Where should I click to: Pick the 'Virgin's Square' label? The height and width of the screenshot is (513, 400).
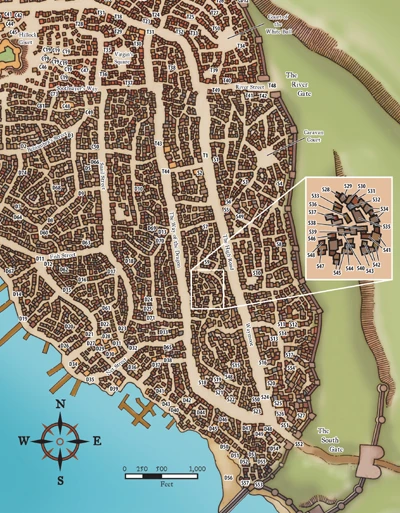pyautogui.click(x=123, y=57)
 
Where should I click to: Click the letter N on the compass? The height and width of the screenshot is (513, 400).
pyautogui.click(x=61, y=404)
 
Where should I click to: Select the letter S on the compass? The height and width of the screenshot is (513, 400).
pyautogui.click(x=61, y=480)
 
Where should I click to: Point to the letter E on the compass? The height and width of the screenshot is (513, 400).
pyautogui.click(x=97, y=441)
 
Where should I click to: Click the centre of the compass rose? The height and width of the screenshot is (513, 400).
pyautogui.click(x=61, y=441)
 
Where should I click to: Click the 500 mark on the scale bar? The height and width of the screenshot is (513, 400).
pyautogui.click(x=161, y=468)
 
